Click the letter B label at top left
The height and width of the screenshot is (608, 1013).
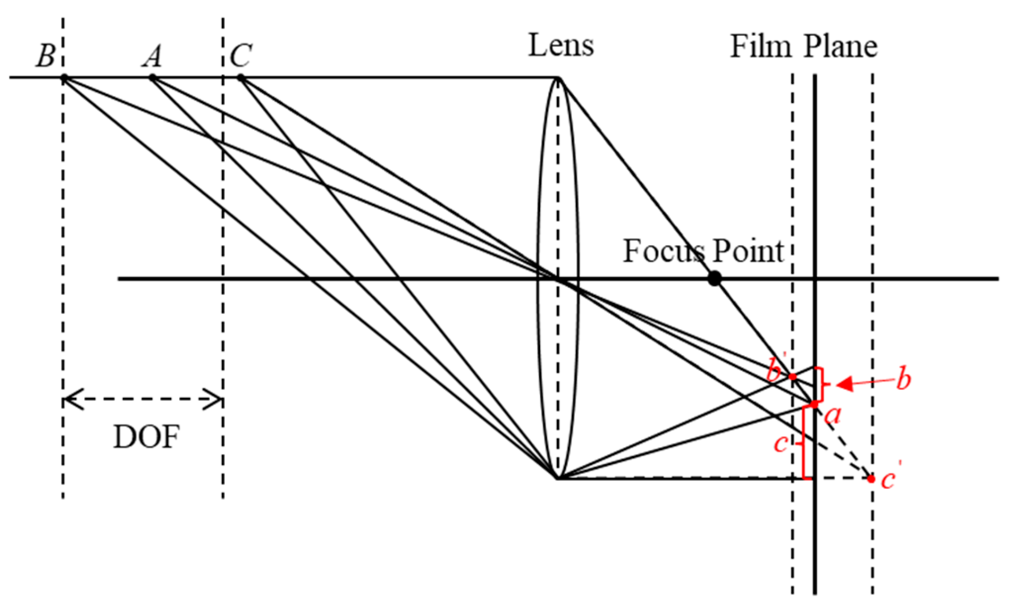click(45, 55)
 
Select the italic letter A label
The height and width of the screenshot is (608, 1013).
click(152, 56)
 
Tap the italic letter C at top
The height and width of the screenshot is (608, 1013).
click(241, 55)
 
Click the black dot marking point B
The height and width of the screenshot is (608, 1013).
click(64, 78)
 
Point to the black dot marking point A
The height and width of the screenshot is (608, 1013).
click(152, 78)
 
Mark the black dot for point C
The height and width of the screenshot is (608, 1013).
click(241, 78)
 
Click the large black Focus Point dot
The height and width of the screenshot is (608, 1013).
click(714, 278)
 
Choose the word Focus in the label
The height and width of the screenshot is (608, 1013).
click(663, 251)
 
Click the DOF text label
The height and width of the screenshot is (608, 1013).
click(146, 437)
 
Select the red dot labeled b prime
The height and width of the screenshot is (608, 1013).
click(792, 376)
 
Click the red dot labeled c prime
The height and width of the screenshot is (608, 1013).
click(871, 479)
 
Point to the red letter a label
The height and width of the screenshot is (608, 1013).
click(833, 416)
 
